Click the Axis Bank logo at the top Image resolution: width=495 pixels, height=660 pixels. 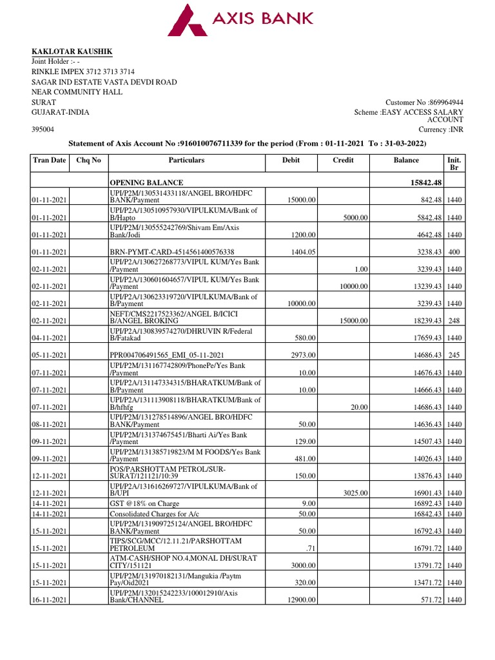(240, 20)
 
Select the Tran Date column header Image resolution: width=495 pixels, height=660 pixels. (49, 160)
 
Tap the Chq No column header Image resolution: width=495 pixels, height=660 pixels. (88, 160)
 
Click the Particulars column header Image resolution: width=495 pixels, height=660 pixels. (186, 160)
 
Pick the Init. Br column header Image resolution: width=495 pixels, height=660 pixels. (453, 164)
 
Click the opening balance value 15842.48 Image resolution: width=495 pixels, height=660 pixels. (420, 182)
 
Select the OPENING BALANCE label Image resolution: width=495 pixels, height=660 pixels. (146, 182)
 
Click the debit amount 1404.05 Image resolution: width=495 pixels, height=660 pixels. (302, 251)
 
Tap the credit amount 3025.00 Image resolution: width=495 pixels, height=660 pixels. (354, 493)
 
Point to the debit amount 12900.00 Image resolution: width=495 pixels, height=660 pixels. (300, 600)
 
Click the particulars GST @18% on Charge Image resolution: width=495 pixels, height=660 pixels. (144, 503)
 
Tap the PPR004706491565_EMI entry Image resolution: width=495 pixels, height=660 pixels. (167, 355)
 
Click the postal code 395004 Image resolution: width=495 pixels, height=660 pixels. (43, 130)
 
